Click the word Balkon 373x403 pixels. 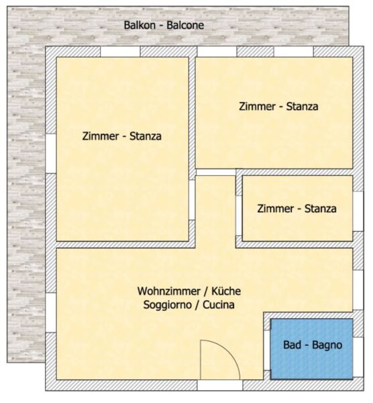coord(140,26)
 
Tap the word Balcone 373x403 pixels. coord(185,26)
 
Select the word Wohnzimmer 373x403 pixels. coord(168,292)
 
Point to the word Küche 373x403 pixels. coord(226,292)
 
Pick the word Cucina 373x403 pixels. coord(219,305)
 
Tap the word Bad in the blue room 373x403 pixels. coord(292,345)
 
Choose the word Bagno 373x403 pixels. coord(327,345)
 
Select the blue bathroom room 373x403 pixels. coord(312,349)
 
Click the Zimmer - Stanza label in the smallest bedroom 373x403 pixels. coord(297,208)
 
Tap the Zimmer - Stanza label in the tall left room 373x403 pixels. coord(121,136)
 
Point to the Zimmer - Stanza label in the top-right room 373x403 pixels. coord(278,106)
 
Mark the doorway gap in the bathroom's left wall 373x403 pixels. coord(267,351)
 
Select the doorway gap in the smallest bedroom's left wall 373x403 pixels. coord(239,216)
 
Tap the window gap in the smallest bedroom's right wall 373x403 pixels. coord(358,212)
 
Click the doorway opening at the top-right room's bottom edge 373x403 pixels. coord(215,173)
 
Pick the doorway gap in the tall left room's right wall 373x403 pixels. coord(192,200)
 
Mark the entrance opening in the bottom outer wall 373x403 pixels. coord(220,385)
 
